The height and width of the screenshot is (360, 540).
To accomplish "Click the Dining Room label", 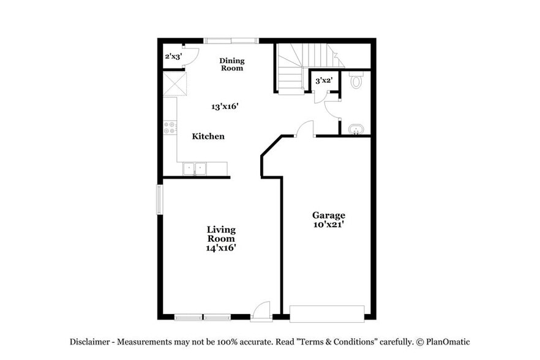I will [x=232, y=64].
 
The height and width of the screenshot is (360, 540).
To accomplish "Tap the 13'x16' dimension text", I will [x=225, y=106].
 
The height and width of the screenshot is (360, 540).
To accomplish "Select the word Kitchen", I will [x=208, y=136].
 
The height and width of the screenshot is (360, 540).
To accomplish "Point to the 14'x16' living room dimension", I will [x=221, y=248].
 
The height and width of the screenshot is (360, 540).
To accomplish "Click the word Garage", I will [x=329, y=215].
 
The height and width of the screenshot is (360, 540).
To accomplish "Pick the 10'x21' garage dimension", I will [x=329, y=224].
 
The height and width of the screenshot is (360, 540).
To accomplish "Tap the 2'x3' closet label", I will [x=173, y=56].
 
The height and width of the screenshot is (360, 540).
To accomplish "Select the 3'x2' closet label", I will [x=323, y=80].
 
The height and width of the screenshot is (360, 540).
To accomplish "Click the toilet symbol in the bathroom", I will [x=356, y=81].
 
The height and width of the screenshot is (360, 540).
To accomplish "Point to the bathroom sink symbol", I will [x=356, y=130].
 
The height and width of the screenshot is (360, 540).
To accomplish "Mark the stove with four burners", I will [x=170, y=127].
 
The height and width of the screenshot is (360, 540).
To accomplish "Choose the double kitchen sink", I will [x=195, y=168].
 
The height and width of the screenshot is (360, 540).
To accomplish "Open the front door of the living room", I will [x=261, y=311].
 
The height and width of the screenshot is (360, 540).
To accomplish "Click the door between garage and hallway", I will [x=305, y=130].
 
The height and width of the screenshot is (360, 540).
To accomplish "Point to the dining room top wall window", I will [x=231, y=41].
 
